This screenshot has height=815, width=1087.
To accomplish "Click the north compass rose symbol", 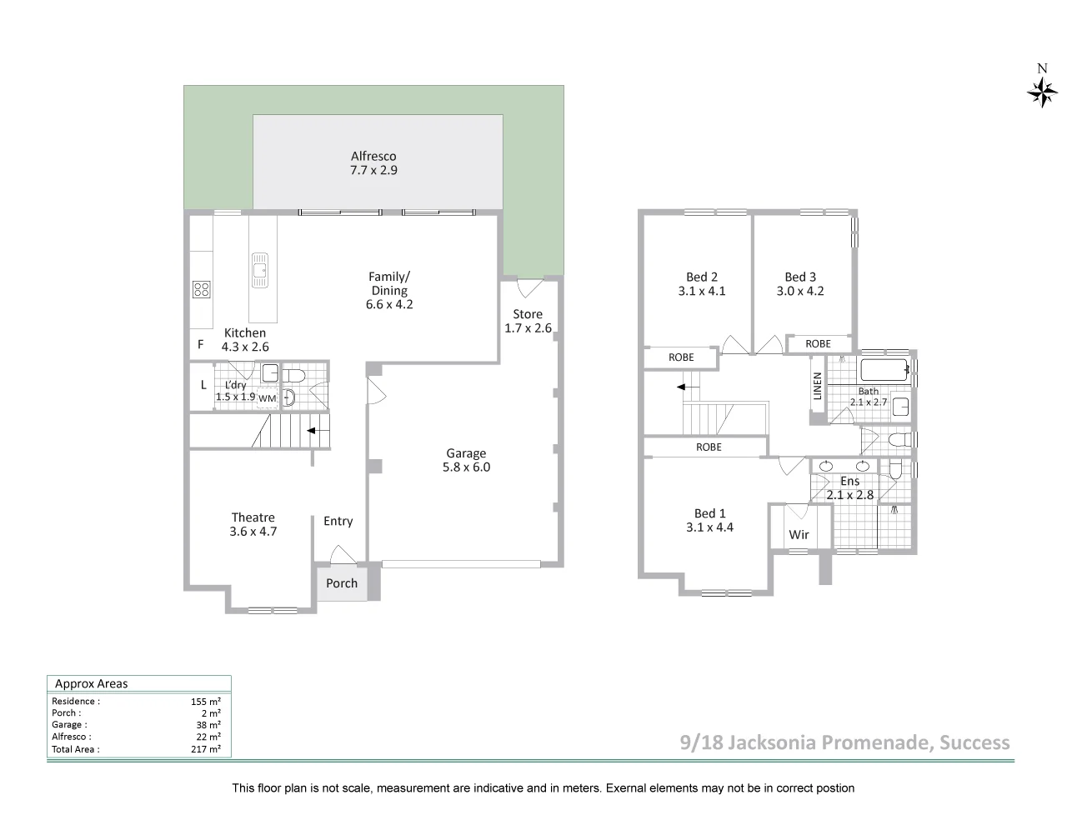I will (1042, 91).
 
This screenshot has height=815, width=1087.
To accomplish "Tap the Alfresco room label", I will (373, 156).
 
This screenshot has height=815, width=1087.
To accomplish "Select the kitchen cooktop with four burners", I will (201, 289).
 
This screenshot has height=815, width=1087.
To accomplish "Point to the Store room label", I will (528, 314).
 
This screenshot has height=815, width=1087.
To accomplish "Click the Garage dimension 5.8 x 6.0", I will (466, 467).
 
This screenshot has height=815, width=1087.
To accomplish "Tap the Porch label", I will (342, 583).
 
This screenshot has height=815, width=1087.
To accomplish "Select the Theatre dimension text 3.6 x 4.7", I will (253, 532).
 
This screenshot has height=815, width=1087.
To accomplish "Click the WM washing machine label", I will (267, 398).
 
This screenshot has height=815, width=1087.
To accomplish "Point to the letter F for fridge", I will (200, 344).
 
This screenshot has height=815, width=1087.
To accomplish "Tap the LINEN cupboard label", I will (818, 386).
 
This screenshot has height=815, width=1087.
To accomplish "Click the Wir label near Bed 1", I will (799, 535).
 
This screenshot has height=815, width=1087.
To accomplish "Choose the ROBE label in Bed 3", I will (818, 343).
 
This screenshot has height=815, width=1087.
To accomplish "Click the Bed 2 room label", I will (702, 277).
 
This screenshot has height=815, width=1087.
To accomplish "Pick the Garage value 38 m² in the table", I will (210, 725).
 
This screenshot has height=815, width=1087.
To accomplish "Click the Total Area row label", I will (76, 749).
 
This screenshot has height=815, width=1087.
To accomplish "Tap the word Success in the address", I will (974, 742).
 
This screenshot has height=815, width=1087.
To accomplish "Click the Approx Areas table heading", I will (92, 684).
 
